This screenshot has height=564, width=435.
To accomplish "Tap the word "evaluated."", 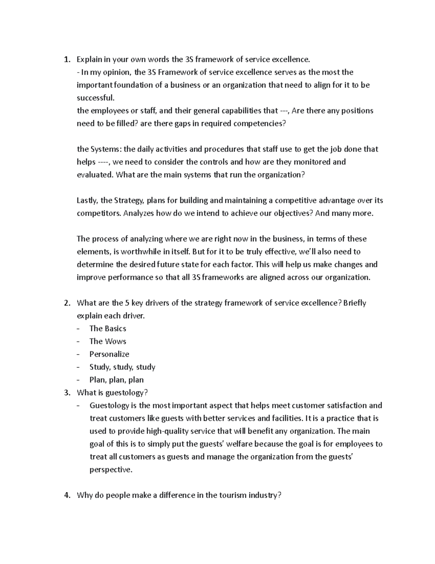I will point(95,175).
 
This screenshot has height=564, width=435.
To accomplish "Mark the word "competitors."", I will point(99,213).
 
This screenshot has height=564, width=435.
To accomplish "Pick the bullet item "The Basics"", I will point(108,329).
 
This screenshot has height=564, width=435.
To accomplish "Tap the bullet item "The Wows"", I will point(108,341).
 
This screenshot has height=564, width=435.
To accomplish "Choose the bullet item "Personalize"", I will point(109,354).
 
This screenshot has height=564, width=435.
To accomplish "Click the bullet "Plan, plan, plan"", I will point(116,380).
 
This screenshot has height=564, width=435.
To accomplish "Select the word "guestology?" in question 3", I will point(127,393).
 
